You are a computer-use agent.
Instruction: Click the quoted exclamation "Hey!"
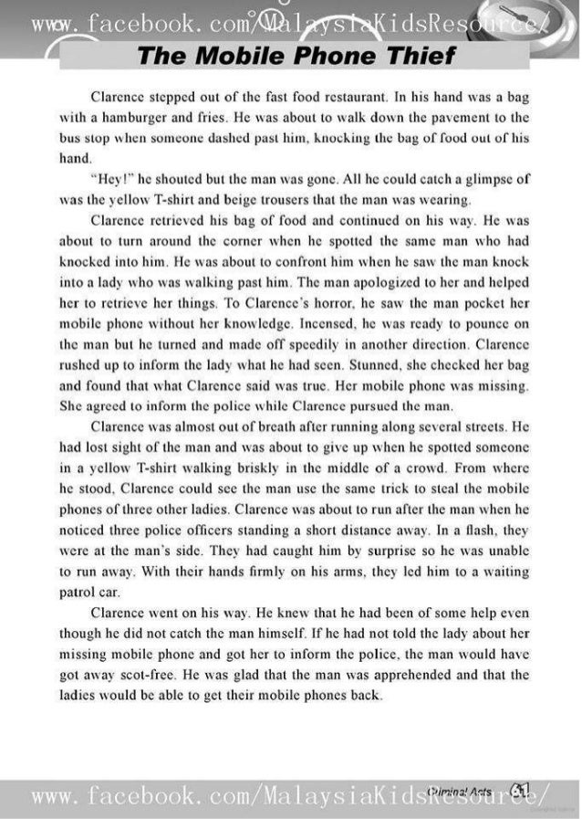(x=111, y=178)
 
